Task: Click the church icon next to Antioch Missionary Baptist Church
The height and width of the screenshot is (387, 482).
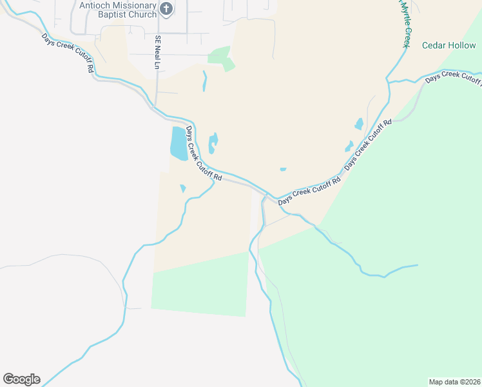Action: pos(166,8)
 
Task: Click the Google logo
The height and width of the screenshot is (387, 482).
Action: pos(21,379)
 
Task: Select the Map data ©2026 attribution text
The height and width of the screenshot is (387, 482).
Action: pos(454,382)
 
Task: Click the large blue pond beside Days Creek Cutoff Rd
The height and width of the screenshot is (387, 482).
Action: pos(178,143)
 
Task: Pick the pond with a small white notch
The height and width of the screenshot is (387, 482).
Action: pos(213,143)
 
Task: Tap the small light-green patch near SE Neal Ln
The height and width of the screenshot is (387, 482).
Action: pos(222,58)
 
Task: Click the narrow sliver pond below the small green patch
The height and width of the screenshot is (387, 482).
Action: pos(205,81)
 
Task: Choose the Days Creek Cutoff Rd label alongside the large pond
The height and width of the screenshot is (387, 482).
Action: pos(204,154)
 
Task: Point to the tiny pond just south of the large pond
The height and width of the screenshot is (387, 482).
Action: pos(183,188)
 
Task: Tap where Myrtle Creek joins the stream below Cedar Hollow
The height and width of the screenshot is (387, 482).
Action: pos(389,82)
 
